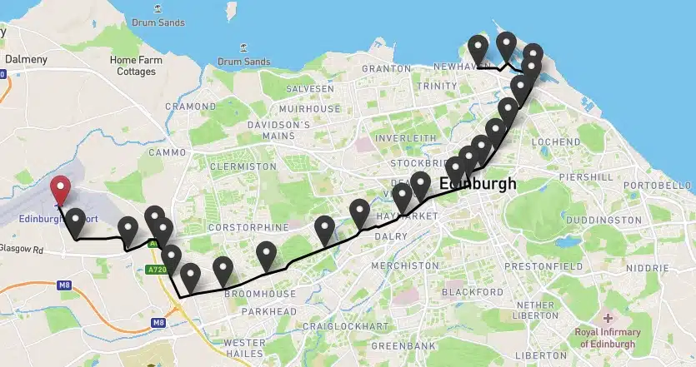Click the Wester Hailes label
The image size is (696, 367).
(x=244, y=349)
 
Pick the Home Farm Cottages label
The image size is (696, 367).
(x=136, y=66)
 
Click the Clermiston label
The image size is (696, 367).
(x=243, y=166)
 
